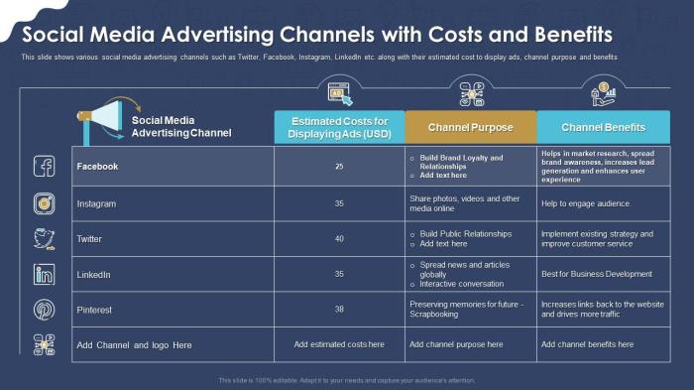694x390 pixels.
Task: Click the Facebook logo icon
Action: pyautogui.click(x=45, y=167)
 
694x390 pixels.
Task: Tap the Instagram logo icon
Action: pyautogui.click(x=45, y=203)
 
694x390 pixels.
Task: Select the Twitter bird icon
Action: pyautogui.click(x=45, y=239)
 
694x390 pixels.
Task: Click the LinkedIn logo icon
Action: pyautogui.click(x=45, y=274)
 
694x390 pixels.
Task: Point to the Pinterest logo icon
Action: pyautogui.click(x=45, y=310)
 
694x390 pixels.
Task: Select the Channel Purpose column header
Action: pyautogui.click(x=471, y=128)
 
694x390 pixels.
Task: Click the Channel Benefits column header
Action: pyautogui.click(x=603, y=128)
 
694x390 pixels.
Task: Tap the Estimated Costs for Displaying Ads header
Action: pyautogui.click(x=339, y=128)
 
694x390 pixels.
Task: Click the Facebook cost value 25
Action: pyautogui.click(x=339, y=167)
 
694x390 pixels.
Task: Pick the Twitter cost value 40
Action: pyautogui.click(x=339, y=239)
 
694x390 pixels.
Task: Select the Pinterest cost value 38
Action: pyautogui.click(x=339, y=310)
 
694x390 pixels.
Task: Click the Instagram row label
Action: pyautogui.click(x=96, y=203)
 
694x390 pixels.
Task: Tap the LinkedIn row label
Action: pyautogui.click(x=94, y=274)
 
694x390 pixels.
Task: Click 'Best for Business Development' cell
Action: pyautogui.click(x=596, y=274)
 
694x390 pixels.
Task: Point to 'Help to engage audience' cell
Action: pyautogui.click(x=586, y=203)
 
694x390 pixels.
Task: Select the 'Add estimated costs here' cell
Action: pyautogui.click(x=339, y=344)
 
